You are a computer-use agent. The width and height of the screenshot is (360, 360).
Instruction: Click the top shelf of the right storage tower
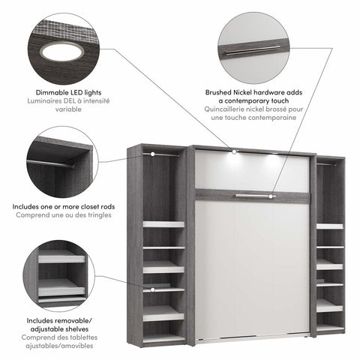[x=330, y=225]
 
